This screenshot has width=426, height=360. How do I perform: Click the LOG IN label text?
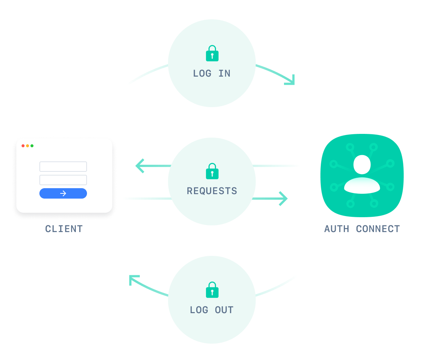[212, 74]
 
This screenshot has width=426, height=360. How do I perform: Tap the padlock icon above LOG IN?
[212, 54]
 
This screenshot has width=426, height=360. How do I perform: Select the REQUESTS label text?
[212, 191]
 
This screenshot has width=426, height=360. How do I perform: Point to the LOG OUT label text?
[212, 310]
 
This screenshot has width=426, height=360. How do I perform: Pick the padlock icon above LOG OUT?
[212, 290]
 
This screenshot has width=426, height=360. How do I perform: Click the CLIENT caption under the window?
[64, 229]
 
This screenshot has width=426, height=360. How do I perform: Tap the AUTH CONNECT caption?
[362, 229]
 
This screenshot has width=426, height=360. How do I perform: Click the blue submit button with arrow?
[63, 193]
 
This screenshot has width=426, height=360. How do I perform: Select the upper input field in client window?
[63, 167]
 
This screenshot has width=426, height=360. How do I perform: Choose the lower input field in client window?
[63, 180]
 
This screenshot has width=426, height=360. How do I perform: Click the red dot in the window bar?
[23, 146]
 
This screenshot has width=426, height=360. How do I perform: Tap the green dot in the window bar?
[32, 146]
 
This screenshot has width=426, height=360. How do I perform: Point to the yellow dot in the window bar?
[28, 146]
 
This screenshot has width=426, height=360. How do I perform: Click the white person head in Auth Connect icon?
[362, 164]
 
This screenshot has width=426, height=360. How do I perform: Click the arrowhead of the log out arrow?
[133, 279]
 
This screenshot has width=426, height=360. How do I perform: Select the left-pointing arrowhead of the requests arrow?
[139, 166]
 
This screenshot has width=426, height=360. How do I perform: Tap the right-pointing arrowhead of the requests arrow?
[284, 199]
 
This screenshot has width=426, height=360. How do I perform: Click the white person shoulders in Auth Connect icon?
[362, 186]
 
